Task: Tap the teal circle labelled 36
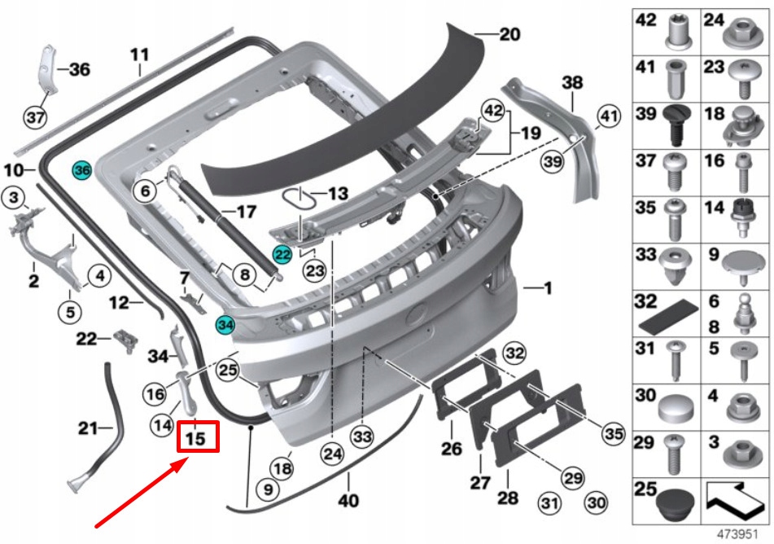82,170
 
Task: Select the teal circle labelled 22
282,255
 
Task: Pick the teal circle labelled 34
225,325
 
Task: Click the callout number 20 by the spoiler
509,35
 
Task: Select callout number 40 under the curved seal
348,501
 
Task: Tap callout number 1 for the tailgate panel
548,287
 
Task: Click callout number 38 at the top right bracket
573,81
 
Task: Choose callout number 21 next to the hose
87,427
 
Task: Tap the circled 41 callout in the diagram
608,117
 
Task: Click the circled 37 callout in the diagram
34,118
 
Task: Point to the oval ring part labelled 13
298,196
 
